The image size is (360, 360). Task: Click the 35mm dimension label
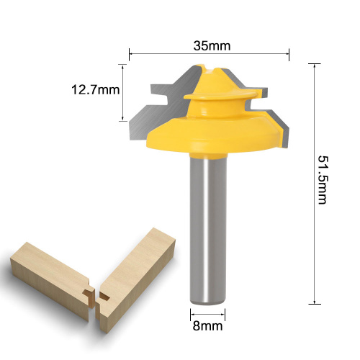[x=212, y=45]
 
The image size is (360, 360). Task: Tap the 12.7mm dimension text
[x=95, y=90]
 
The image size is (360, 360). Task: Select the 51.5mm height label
[x=323, y=180]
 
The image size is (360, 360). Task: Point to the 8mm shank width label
[x=207, y=326]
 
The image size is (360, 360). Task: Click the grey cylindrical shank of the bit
[x=208, y=229]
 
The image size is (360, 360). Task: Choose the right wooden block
[x=135, y=279]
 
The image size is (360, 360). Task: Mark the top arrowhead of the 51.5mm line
[x=315, y=66]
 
